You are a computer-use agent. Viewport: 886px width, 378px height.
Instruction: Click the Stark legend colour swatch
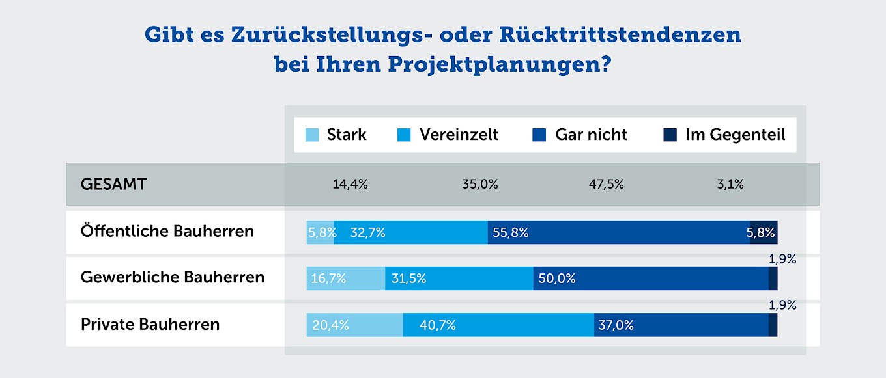(312, 135)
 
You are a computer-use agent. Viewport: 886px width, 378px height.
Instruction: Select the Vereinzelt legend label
(459, 135)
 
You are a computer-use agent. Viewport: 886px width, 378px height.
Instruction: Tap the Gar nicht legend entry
(591, 135)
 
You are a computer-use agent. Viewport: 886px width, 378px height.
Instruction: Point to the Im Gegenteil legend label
(735, 135)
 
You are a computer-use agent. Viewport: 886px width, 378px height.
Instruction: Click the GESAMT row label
(113, 184)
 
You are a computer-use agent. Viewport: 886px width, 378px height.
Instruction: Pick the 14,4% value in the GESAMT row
(350, 184)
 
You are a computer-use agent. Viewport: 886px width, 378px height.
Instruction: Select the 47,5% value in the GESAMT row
(607, 184)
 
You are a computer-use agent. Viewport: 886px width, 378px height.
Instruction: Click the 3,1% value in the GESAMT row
(730, 184)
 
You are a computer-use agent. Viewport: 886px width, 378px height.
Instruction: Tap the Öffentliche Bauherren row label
(167, 231)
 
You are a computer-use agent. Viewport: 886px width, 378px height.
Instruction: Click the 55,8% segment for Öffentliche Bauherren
(619, 232)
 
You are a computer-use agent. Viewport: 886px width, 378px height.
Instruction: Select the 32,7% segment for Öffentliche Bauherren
(410, 232)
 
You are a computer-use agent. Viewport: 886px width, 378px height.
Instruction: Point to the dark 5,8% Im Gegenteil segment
(764, 232)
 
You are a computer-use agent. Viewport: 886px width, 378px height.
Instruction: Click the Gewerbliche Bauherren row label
(173, 277)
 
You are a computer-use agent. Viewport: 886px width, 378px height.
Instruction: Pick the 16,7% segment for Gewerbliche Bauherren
(346, 278)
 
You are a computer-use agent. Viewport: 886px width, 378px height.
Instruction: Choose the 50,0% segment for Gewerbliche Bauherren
(650, 278)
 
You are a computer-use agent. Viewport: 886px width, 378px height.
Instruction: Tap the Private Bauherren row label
(150, 324)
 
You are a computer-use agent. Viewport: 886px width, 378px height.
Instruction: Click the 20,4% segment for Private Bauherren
(354, 325)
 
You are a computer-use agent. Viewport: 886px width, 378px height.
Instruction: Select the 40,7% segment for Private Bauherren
(498, 325)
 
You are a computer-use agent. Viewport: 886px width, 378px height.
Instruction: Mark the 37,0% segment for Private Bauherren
(681, 325)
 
